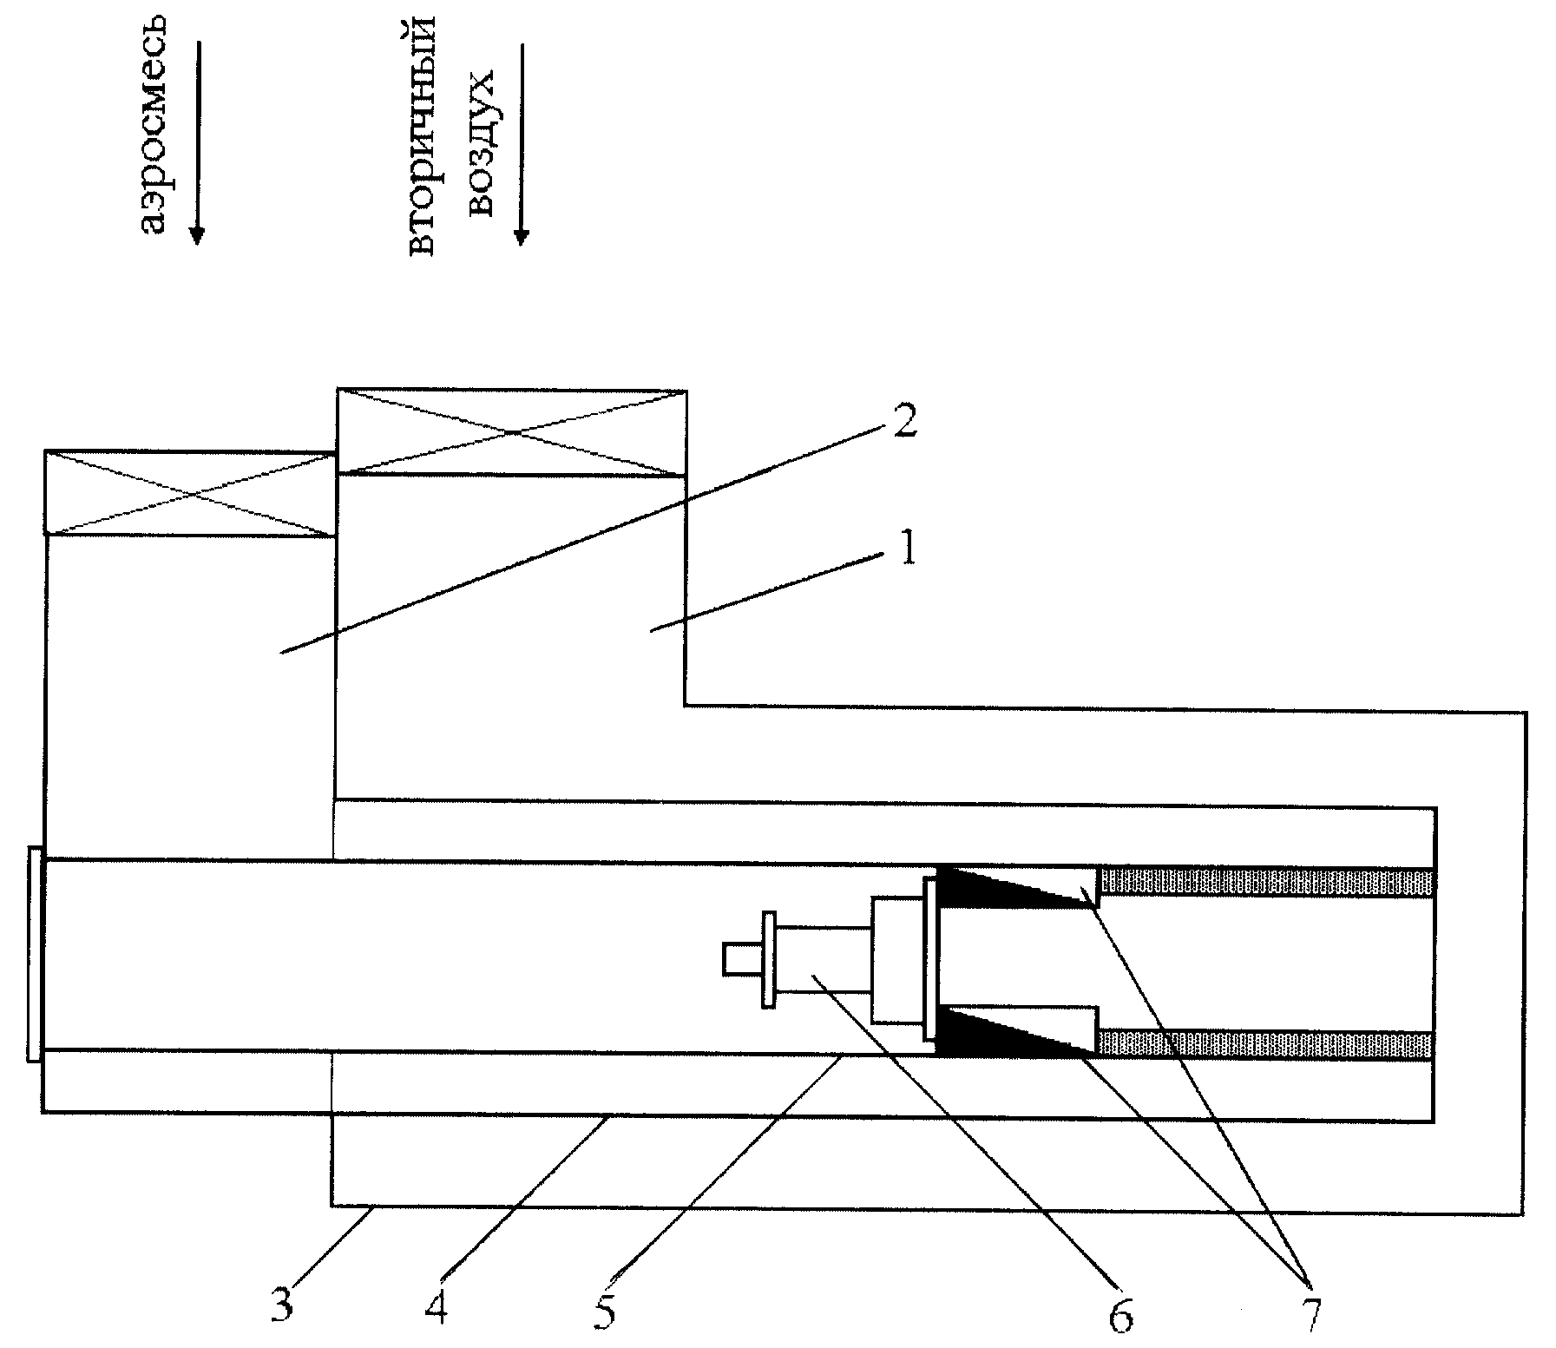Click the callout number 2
click(903, 420)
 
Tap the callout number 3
click(281, 1305)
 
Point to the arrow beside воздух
click(522, 144)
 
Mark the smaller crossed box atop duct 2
click(190, 493)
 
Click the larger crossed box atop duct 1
click(511, 432)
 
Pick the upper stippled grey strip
click(1267, 882)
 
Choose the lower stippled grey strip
click(1267, 1044)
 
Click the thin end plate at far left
click(34, 954)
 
